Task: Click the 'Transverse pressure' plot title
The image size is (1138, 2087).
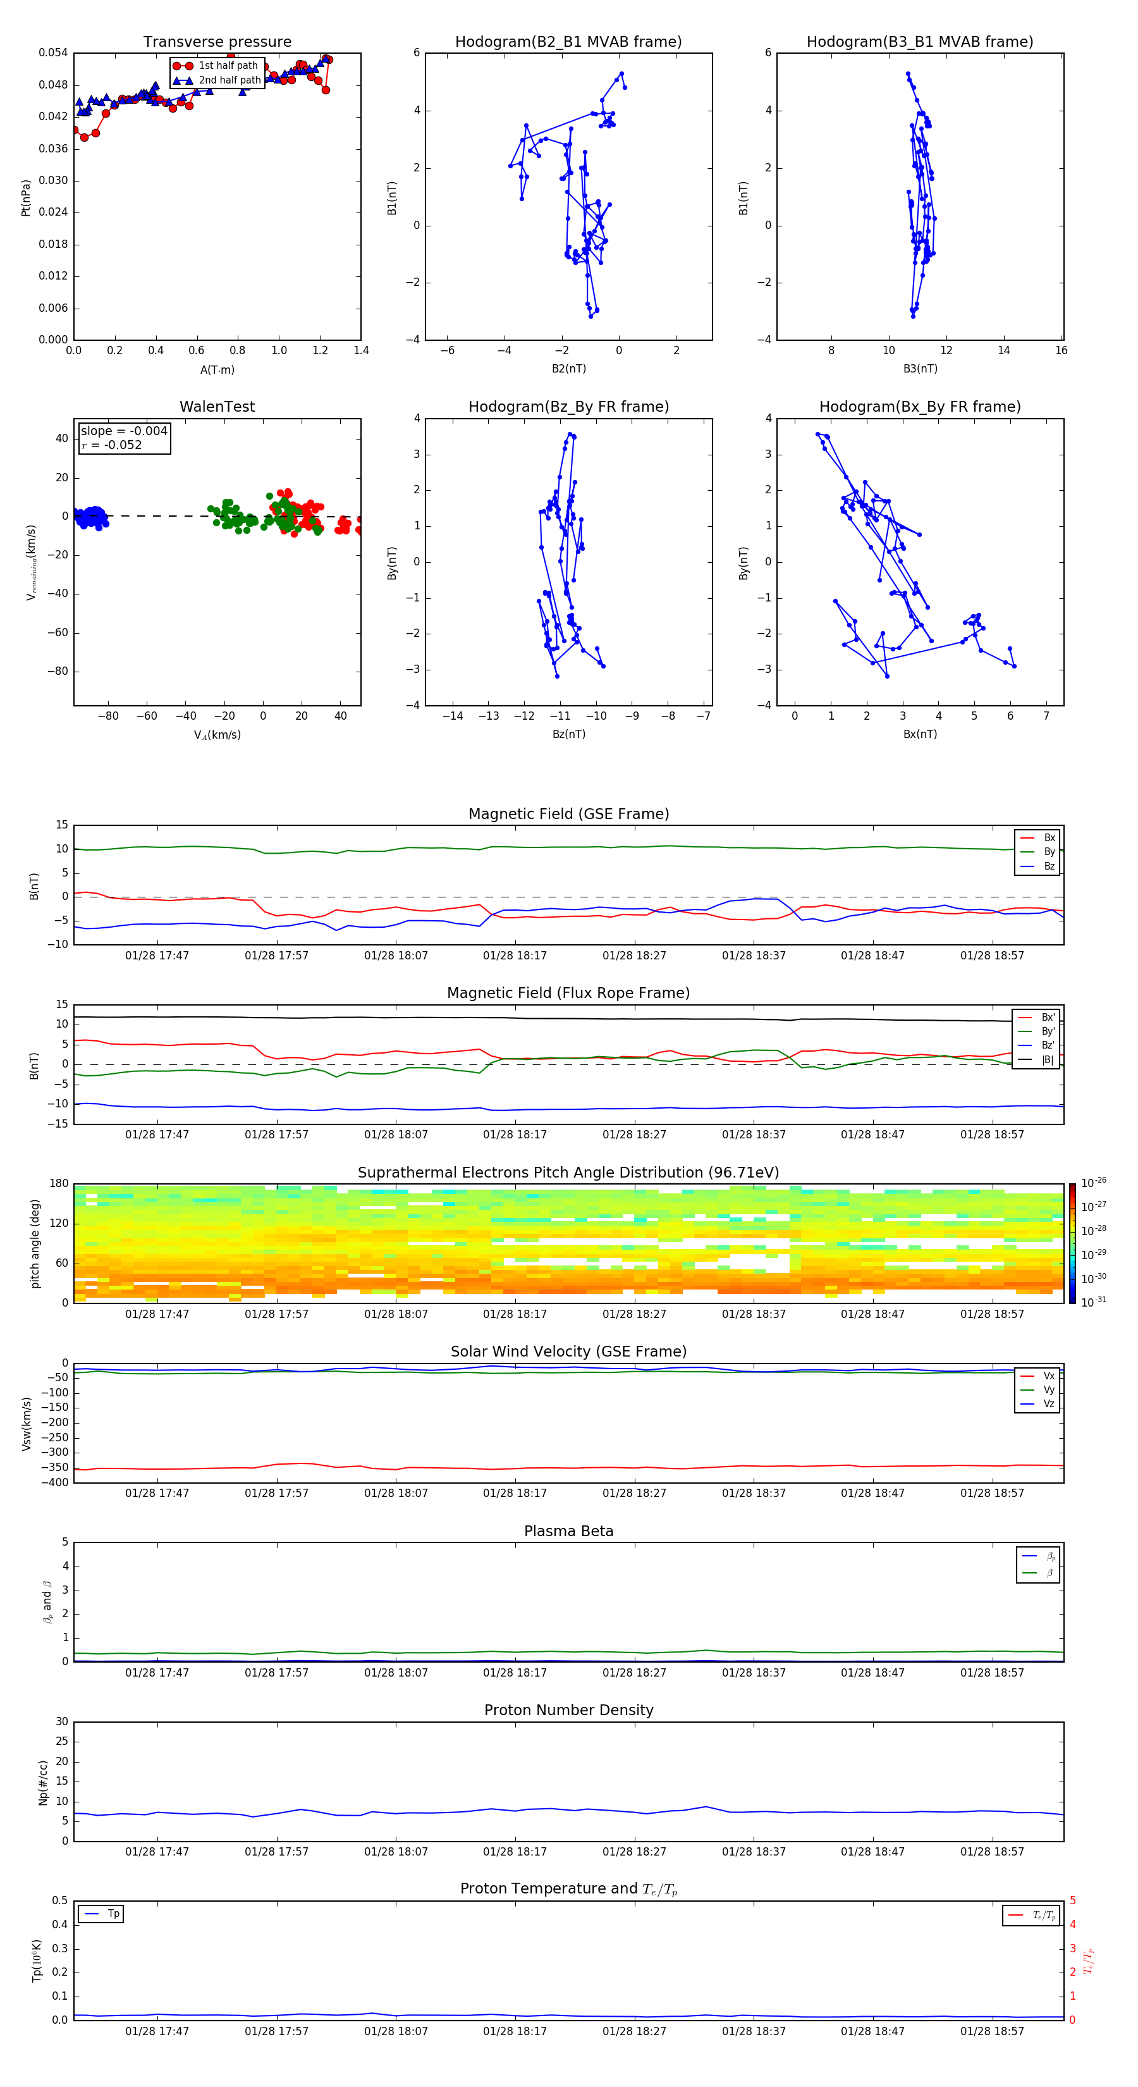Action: (x=217, y=42)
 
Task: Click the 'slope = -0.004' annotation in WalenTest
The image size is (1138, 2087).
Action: (x=124, y=431)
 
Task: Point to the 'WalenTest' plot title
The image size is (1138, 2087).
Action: (x=217, y=407)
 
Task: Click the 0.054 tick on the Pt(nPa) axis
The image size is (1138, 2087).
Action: (x=54, y=52)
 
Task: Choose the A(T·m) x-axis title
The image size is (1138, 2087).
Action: (x=217, y=370)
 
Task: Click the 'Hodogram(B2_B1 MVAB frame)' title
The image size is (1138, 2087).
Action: (x=568, y=42)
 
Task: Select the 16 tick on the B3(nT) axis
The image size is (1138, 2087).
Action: (x=1061, y=351)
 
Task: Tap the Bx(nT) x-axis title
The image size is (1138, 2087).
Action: (x=919, y=734)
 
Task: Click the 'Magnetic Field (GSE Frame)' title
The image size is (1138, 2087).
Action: (x=568, y=814)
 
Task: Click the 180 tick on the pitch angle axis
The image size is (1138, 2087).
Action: (x=59, y=1184)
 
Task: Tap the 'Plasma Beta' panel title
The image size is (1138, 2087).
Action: (x=568, y=1531)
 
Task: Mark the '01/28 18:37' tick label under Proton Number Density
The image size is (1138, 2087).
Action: (x=753, y=1851)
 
